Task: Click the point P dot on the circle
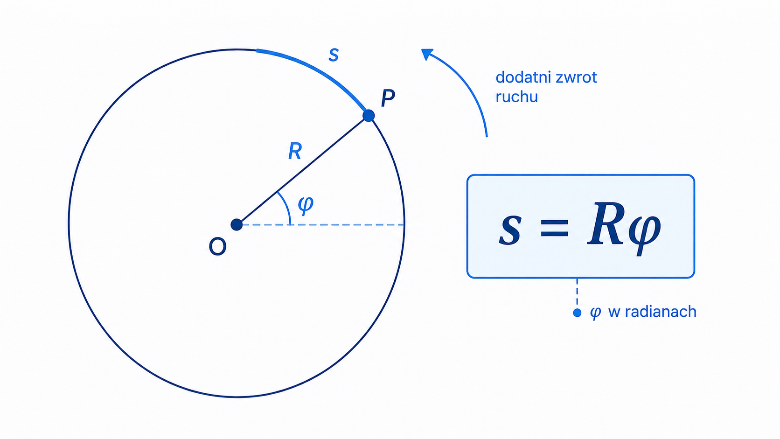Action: point(369,116)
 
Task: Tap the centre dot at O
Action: point(237,224)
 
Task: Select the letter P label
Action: point(388,98)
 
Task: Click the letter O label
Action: point(217,246)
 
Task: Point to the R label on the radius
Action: point(295,151)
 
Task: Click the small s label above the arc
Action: point(334,55)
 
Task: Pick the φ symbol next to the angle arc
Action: point(306,204)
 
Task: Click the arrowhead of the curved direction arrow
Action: point(426,54)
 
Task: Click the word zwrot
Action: point(576,77)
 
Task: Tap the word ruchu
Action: point(517,97)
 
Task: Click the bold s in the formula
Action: point(510,229)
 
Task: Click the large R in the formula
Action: point(605,224)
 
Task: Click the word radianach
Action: point(661,312)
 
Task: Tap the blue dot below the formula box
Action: point(577,313)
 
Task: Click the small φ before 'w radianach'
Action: point(595,312)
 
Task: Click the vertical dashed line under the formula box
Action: point(577,293)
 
